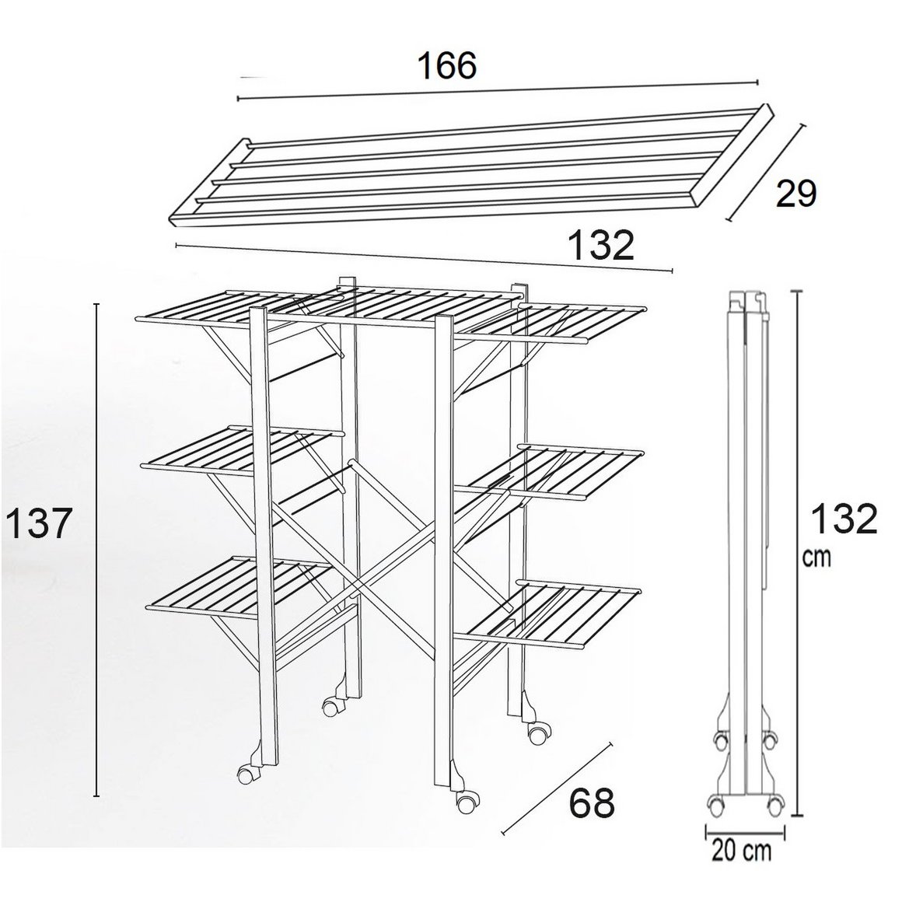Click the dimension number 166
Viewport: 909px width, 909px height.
tap(447, 65)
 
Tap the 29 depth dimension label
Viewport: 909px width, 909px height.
tap(796, 193)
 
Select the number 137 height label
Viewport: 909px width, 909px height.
tap(37, 523)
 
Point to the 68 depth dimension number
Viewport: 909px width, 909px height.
tap(591, 803)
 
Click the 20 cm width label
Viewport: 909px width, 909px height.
tap(742, 851)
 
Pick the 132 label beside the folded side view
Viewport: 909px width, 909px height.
tap(844, 519)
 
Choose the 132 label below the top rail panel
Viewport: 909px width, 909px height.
tap(601, 245)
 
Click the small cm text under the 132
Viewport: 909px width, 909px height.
tap(816, 557)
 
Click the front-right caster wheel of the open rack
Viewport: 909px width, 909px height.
tap(466, 802)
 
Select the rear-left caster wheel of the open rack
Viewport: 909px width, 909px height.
tap(330, 708)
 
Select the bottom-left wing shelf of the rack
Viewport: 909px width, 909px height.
tap(243, 585)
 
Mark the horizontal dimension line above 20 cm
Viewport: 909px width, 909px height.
tap(745, 830)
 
